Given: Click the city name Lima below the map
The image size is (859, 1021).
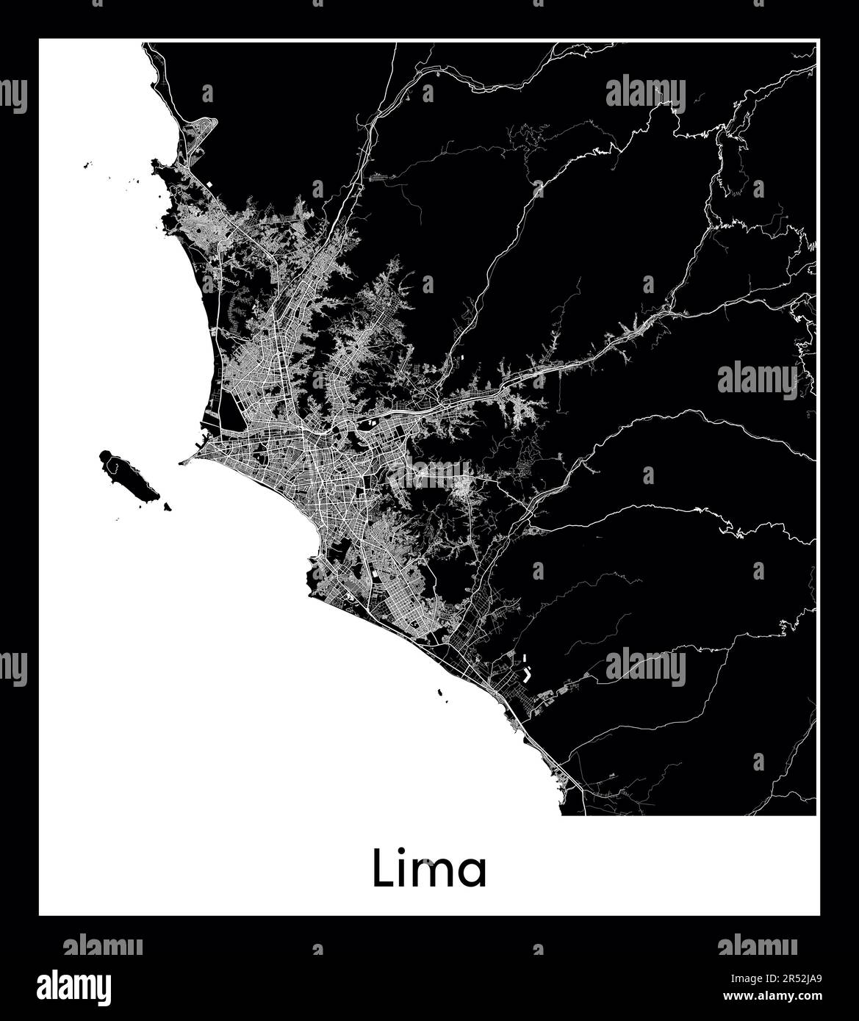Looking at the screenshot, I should pyautogui.click(x=429, y=869).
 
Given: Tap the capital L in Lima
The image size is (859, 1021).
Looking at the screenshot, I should pyautogui.click(x=382, y=868).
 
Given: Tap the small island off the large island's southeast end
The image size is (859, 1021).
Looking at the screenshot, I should pyautogui.click(x=168, y=506).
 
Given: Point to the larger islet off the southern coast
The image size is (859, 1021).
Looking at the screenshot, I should pyautogui.click(x=439, y=691).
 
